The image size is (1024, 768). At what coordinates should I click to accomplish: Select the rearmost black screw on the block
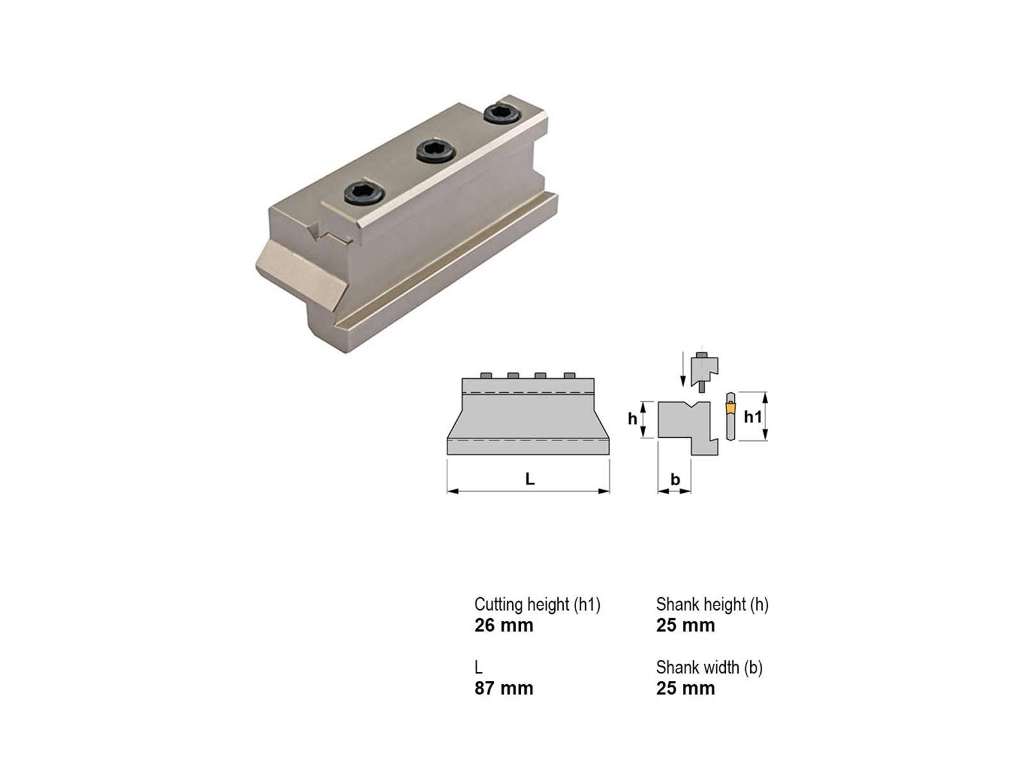click(502, 114)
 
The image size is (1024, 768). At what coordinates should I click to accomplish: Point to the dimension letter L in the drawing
click(529, 479)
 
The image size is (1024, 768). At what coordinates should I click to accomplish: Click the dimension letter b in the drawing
click(675, 479)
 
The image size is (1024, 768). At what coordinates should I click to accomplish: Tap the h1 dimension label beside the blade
click(753, 417)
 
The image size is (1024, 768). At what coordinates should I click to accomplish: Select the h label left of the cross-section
click(632, 419)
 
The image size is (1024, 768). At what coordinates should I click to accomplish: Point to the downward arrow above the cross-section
click(683, 369)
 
